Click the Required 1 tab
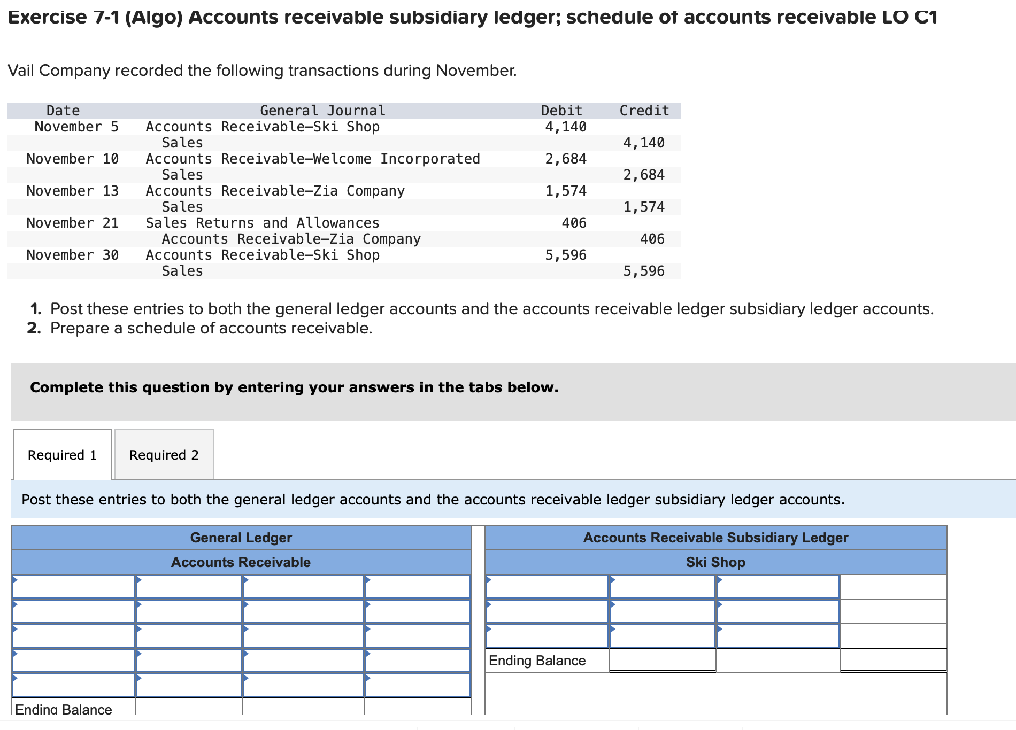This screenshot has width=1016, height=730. tap(62, 455)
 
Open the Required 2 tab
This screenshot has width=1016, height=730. tap(164, 455)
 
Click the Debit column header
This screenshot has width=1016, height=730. tap(561, 111)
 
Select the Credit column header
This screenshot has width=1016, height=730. tap(644, 111)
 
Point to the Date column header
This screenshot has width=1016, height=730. tap(63, 111)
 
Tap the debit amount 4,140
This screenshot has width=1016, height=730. tap(565, 127)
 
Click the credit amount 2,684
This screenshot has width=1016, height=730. tap(643, 175)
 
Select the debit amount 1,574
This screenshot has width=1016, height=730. tap(565, 191)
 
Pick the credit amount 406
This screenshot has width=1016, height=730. tap(652, 239)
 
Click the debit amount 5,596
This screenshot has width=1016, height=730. tap(565, 255)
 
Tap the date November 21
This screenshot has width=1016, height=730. tap(72, 223)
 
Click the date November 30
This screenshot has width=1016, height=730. tap(72, 255)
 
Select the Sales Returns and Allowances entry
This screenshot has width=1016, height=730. tap(262, 223)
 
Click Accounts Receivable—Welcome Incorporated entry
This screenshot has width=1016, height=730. tap(312, 159)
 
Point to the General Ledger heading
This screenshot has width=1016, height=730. tap(241, 538)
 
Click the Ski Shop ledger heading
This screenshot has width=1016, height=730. tap(715, 562)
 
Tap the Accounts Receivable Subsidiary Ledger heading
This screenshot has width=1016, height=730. tap(715, 538)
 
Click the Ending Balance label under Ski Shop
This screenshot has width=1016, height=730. tap(537, 661)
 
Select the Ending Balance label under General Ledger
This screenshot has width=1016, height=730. tap(63, 709)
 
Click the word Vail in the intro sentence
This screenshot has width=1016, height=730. tap(21, 71)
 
